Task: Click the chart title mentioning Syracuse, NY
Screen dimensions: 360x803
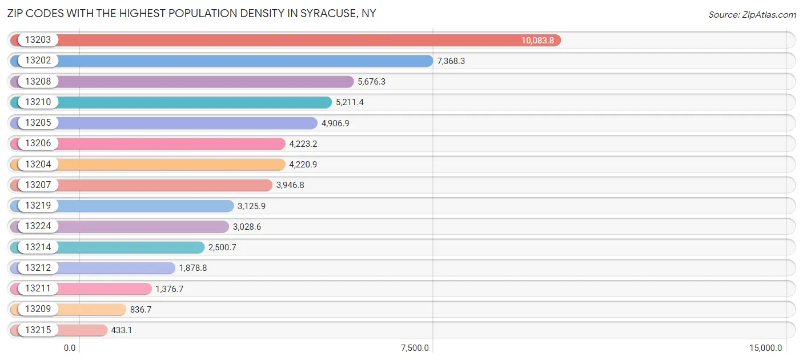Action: [192, 13]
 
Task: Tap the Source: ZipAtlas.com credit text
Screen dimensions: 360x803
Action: [752, 14]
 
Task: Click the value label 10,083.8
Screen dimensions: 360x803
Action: [537, 41]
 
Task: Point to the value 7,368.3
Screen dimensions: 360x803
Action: [451, 61]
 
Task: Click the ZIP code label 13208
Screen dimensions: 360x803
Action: [38, 82]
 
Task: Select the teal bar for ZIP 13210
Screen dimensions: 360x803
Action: [194, 102]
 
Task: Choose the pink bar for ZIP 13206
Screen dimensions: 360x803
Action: [171, 143]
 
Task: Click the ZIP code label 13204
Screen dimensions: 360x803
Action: [38, 165]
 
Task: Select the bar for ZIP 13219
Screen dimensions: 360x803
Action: [146, 206]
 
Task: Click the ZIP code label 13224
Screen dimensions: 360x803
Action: [38, 226]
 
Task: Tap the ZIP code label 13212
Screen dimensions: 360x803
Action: [38, 268]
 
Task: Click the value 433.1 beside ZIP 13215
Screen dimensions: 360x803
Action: [122, 330]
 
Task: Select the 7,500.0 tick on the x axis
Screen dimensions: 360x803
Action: [415, 348]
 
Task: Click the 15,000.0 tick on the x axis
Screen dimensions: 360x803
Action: [765, 348]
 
